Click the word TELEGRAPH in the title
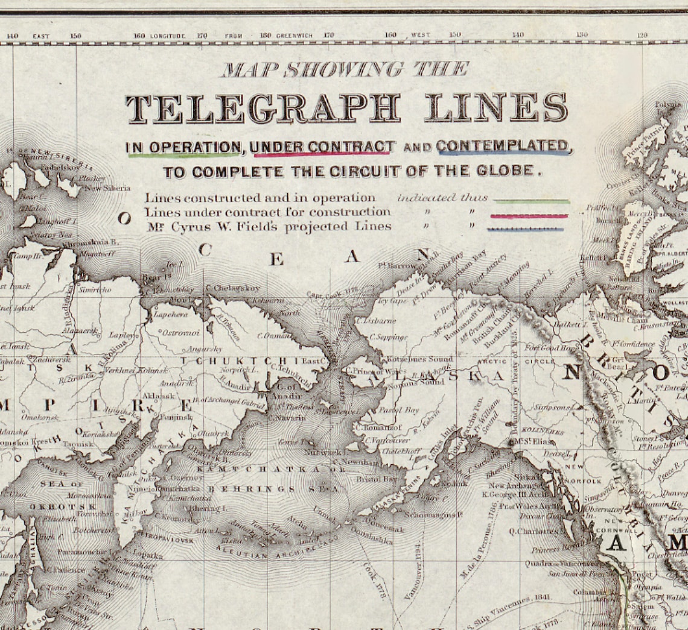pyautogui.click(x=263, y=109)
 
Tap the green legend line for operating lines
pyautogui.click(x=531, y=201)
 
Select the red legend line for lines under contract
pyautogui.click(x=529, y=216)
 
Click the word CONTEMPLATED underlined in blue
pyautogui.click(x=503, y=146)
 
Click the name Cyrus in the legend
pyautogui.click(x=185, y=227)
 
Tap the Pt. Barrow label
pyautogui.click(x=396, y=265)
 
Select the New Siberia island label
pyautogui.click(x=107, y=188)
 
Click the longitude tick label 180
pyautogui.click(x=266, y=36)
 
